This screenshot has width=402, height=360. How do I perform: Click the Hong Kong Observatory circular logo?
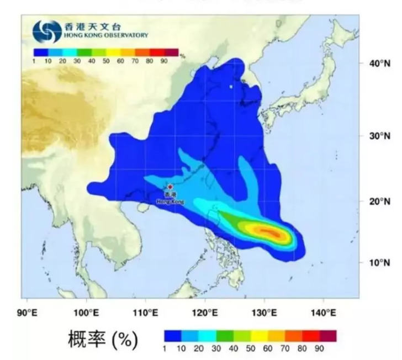coord(46,32)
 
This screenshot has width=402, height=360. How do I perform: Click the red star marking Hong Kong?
coord(170,187)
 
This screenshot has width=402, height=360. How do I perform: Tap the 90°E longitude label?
coord(28,313)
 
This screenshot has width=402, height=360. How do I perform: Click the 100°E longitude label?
coord(86,313)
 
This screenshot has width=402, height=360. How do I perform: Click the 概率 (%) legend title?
coord(102,340)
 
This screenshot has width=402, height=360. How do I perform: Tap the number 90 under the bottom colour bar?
coord(319,349)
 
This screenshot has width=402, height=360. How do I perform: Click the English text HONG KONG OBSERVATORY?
coord(106,35)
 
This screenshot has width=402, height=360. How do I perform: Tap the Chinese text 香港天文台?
coord(94,27)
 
